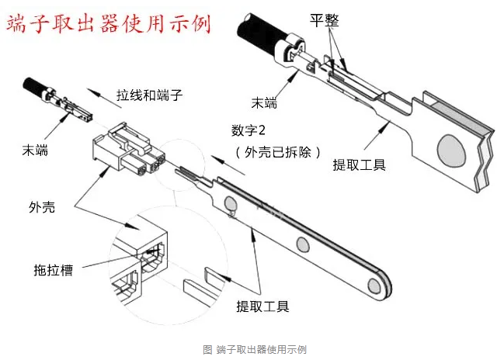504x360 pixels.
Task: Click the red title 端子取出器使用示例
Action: (109, 23)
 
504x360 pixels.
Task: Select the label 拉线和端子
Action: (148, 95)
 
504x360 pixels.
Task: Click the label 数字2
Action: (253, 129)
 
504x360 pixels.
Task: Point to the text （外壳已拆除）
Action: (278, 151)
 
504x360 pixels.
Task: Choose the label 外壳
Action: (41, 207)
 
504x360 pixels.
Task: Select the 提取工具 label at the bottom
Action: (262, 306)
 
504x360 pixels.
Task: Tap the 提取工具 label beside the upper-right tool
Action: (360, 164)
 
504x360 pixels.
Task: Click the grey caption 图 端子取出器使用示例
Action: (255, 349)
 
